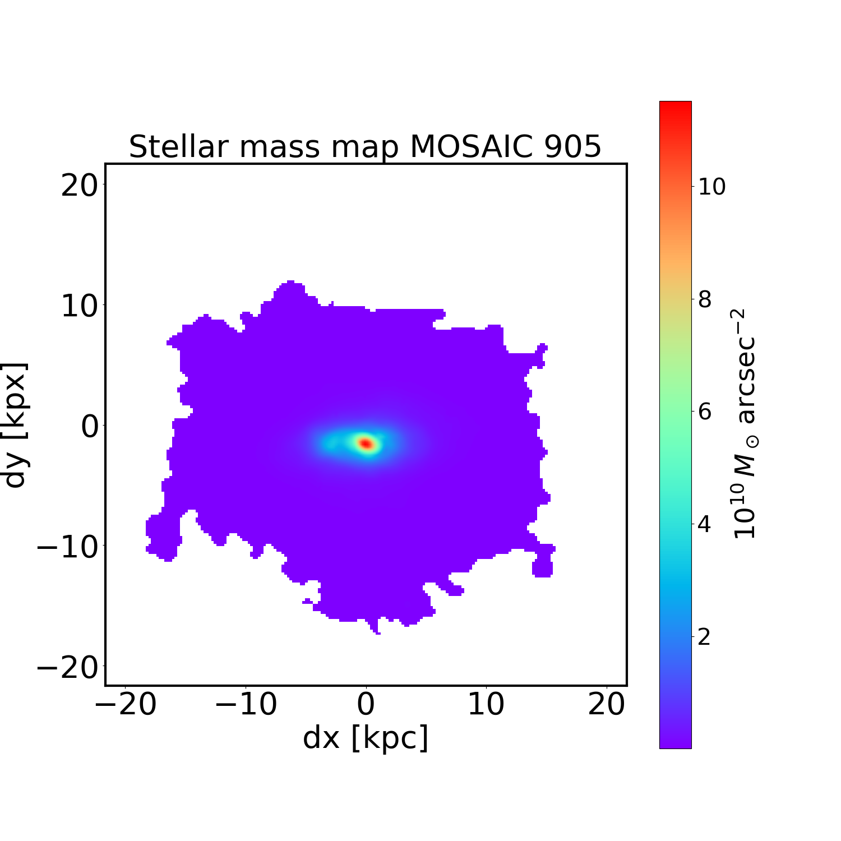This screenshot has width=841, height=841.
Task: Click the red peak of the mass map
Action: (x=366, y=443)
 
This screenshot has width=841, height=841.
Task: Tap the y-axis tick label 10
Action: (x=79, y=306)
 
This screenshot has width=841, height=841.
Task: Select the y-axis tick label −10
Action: (x=67, y=547)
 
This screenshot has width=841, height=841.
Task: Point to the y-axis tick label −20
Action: (x=67, y=667)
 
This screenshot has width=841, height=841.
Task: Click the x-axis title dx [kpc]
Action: (x=366, y=738)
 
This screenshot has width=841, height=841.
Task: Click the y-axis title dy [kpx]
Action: (x=16, y=425)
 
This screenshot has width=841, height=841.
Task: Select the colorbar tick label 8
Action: (x=705, y=299)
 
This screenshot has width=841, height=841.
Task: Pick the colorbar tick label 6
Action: (x=705, y=412)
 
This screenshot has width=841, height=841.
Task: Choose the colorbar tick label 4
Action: (x=705, y=525)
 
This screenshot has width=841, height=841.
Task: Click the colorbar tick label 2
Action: (x=705, y=637)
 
